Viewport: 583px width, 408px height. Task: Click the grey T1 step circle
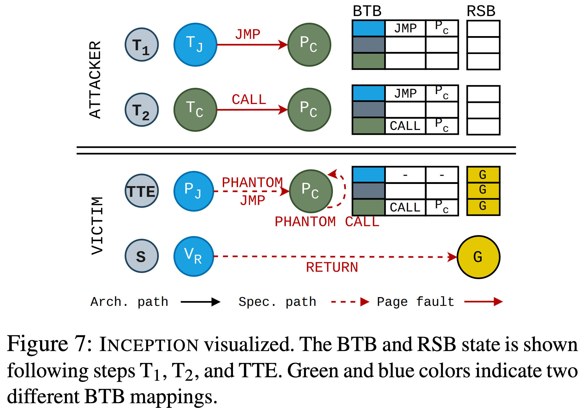coord(142,45)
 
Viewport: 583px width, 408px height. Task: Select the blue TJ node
coord(195,45)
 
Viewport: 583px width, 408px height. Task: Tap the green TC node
coord(195,110)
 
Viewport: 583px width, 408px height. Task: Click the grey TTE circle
coord(142,191)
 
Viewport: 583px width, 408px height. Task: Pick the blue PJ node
coord(194,191)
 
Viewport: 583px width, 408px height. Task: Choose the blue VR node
coord(194,256)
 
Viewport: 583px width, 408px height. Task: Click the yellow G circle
coord(478,257)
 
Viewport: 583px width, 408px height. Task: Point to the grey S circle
coord(142,256)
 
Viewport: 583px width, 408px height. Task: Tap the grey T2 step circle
coord(142,110)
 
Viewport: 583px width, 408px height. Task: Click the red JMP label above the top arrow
coord(248,34)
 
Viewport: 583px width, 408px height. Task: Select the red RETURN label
coord(332,267)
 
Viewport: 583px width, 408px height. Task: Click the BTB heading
coord(367,11)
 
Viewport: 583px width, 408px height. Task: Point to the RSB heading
coord(481,11)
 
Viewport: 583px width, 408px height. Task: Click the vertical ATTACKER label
coord(95,79)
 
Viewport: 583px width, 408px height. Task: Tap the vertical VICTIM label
coord(97,226)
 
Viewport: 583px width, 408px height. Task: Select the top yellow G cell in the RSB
coord(483,175)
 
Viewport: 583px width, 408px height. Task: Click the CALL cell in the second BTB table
coord(405,126)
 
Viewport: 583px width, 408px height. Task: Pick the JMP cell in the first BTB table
coord(405,28)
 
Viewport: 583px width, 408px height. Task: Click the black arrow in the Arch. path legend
coord(200,302)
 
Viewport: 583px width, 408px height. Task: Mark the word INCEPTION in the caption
coord(149,345)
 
